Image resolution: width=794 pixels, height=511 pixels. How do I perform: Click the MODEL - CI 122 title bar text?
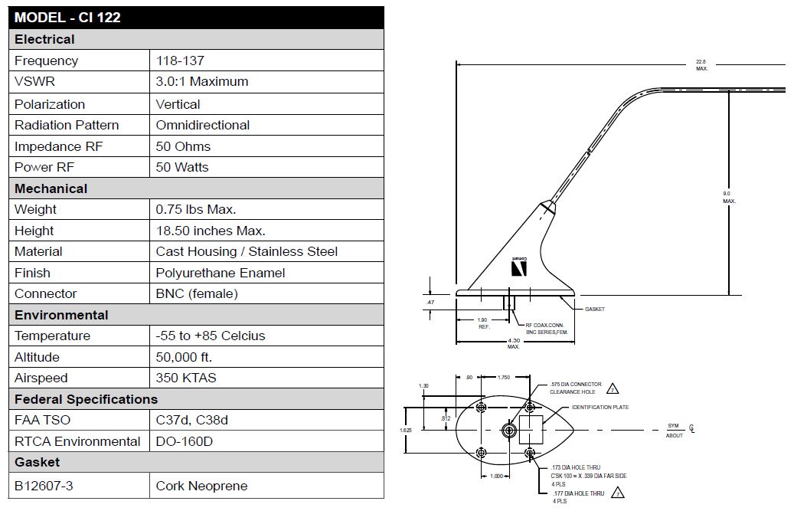(67, 17)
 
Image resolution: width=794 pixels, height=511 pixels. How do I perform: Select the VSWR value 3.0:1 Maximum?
(202, 81)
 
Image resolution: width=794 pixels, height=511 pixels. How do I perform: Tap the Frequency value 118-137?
(180, 61)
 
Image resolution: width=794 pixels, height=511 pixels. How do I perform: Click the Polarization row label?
(50, 104)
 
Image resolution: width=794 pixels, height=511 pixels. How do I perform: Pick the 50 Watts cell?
(182, 167)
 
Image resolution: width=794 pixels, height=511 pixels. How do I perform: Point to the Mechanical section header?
(51, 188)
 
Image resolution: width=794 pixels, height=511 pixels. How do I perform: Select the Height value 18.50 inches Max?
(211, 231)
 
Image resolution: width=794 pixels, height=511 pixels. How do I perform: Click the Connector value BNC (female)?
(197, 293)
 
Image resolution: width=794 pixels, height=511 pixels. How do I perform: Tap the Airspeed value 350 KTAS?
(186, 378)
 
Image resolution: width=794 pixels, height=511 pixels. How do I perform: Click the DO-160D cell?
(185, 441)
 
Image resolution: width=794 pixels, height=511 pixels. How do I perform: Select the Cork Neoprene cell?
(202, 486)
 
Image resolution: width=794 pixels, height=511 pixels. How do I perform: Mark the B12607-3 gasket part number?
(44, 486)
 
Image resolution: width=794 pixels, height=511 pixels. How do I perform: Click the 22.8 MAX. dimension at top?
(701, 65)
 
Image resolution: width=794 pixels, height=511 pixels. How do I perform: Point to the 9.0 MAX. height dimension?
(728, 198)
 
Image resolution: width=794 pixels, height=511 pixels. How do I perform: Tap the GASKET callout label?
(594, 310)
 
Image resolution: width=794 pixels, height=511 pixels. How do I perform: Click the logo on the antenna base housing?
(518, 267)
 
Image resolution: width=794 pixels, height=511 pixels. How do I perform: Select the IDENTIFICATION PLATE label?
(600, 408)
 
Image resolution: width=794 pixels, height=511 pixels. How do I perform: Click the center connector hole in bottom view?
(508, 430)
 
